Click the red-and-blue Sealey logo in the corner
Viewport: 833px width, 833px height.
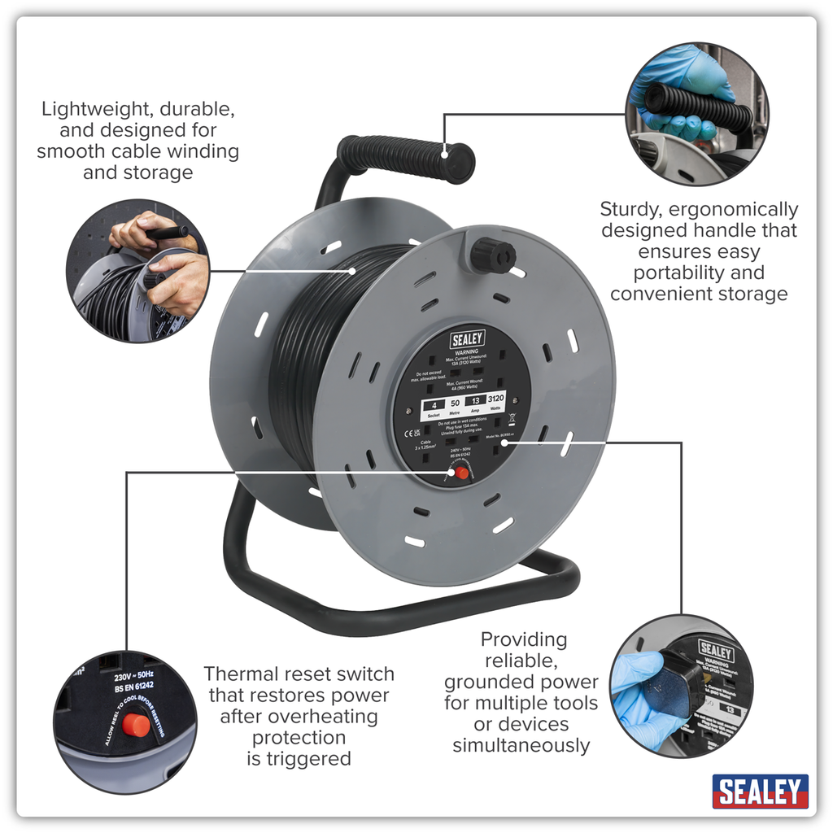click(760, 791)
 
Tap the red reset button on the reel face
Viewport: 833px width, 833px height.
click(462, 473)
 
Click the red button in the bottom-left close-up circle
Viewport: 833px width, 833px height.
click(137, 723)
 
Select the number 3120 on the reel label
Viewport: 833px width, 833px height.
click(495, 399)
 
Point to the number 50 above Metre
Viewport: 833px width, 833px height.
click(456, 403)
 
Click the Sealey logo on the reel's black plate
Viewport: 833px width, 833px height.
click(467, 338)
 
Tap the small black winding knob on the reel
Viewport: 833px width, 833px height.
click(492, 255)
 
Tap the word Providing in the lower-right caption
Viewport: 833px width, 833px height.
click(524, 639)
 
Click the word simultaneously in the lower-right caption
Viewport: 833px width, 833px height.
click(521, 745)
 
